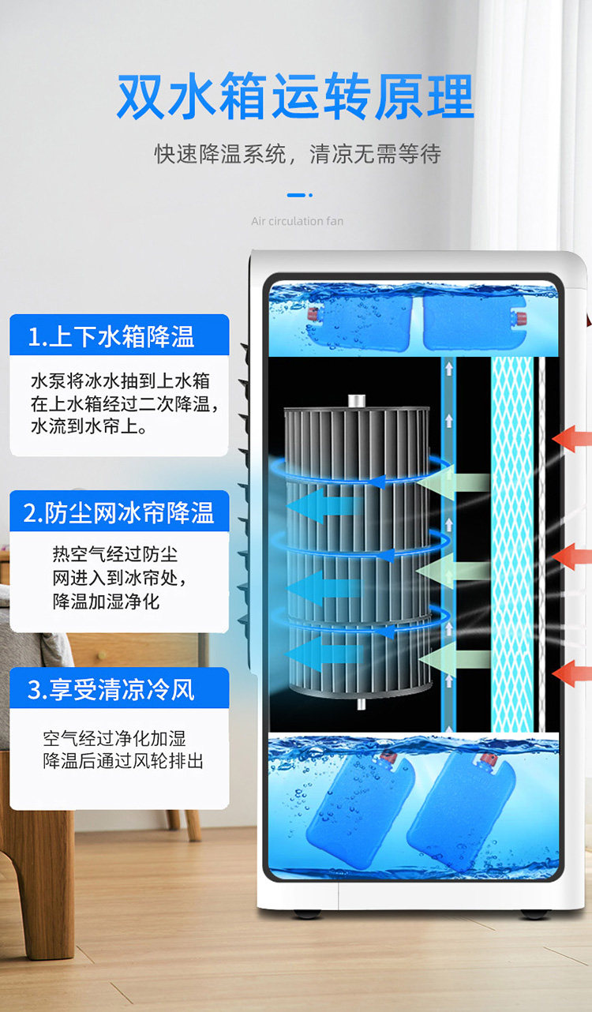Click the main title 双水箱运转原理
coord(295,97)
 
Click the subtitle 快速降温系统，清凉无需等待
coord(297,153)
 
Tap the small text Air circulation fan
coord(297,221)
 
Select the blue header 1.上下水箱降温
coord(118,336)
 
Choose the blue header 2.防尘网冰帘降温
coord(118,512)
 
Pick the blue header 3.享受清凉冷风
coord(118,689)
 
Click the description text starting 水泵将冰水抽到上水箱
coord(120,403)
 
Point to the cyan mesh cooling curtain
coord(512,545)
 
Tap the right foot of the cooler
coord(534,913)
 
